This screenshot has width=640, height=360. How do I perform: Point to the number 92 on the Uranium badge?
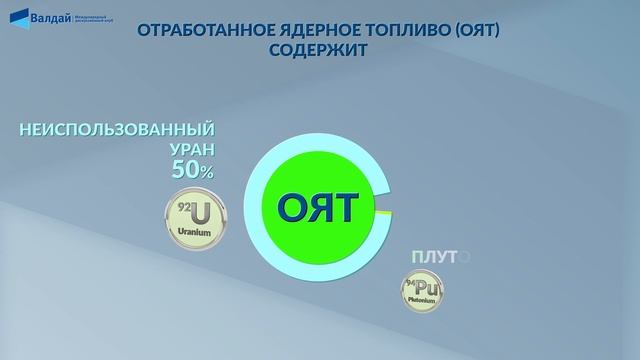click(183, 207)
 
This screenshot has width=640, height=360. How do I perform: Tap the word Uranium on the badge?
click(196, 232)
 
